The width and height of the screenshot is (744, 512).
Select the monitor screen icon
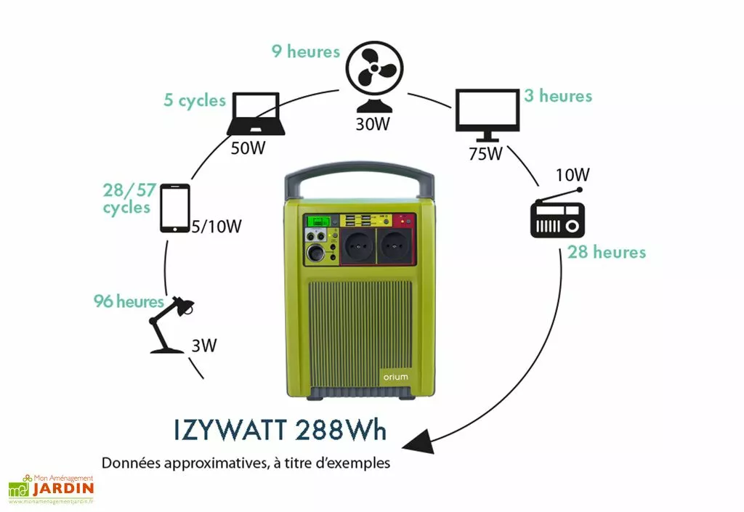click(487, 114)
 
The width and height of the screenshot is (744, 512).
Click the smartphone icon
click(174, 208)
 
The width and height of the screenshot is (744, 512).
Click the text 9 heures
click(306, 52)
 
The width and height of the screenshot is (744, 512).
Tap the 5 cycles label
click(195, 100)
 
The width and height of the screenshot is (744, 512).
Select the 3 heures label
click(558, 96)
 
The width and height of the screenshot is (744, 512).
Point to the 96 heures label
click(129, 301)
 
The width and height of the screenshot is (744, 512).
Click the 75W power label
click(485, 154)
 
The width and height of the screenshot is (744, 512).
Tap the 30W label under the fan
click(373, 123)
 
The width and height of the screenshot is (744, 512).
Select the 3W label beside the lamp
click(204, 345)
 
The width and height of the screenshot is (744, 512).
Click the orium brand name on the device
click(395, 377)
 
